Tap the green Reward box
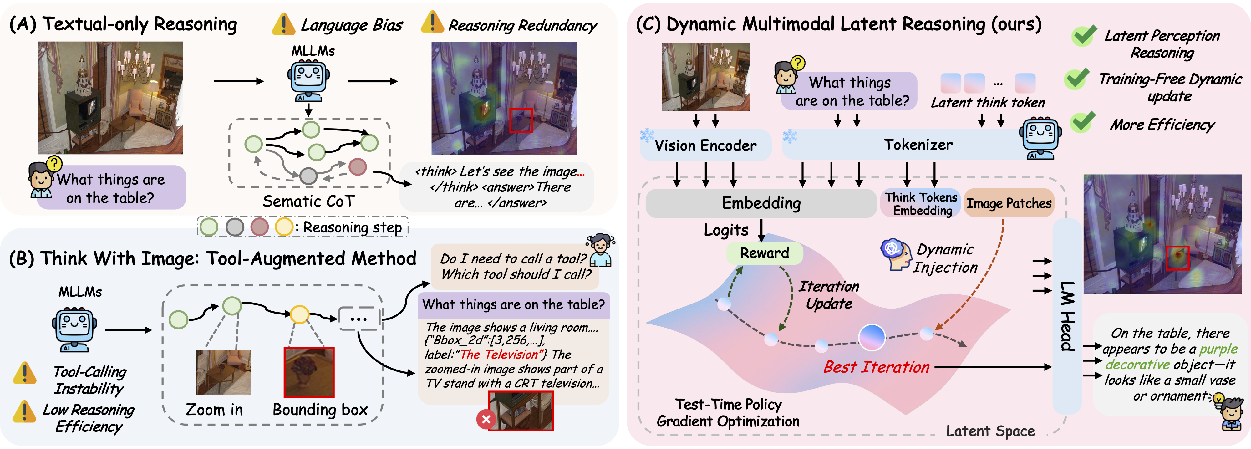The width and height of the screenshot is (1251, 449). (764, 253)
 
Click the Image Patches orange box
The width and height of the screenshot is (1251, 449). (1009, 203)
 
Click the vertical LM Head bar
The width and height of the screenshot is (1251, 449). (1066, 316)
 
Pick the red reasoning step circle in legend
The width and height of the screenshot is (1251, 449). (259, 227)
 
